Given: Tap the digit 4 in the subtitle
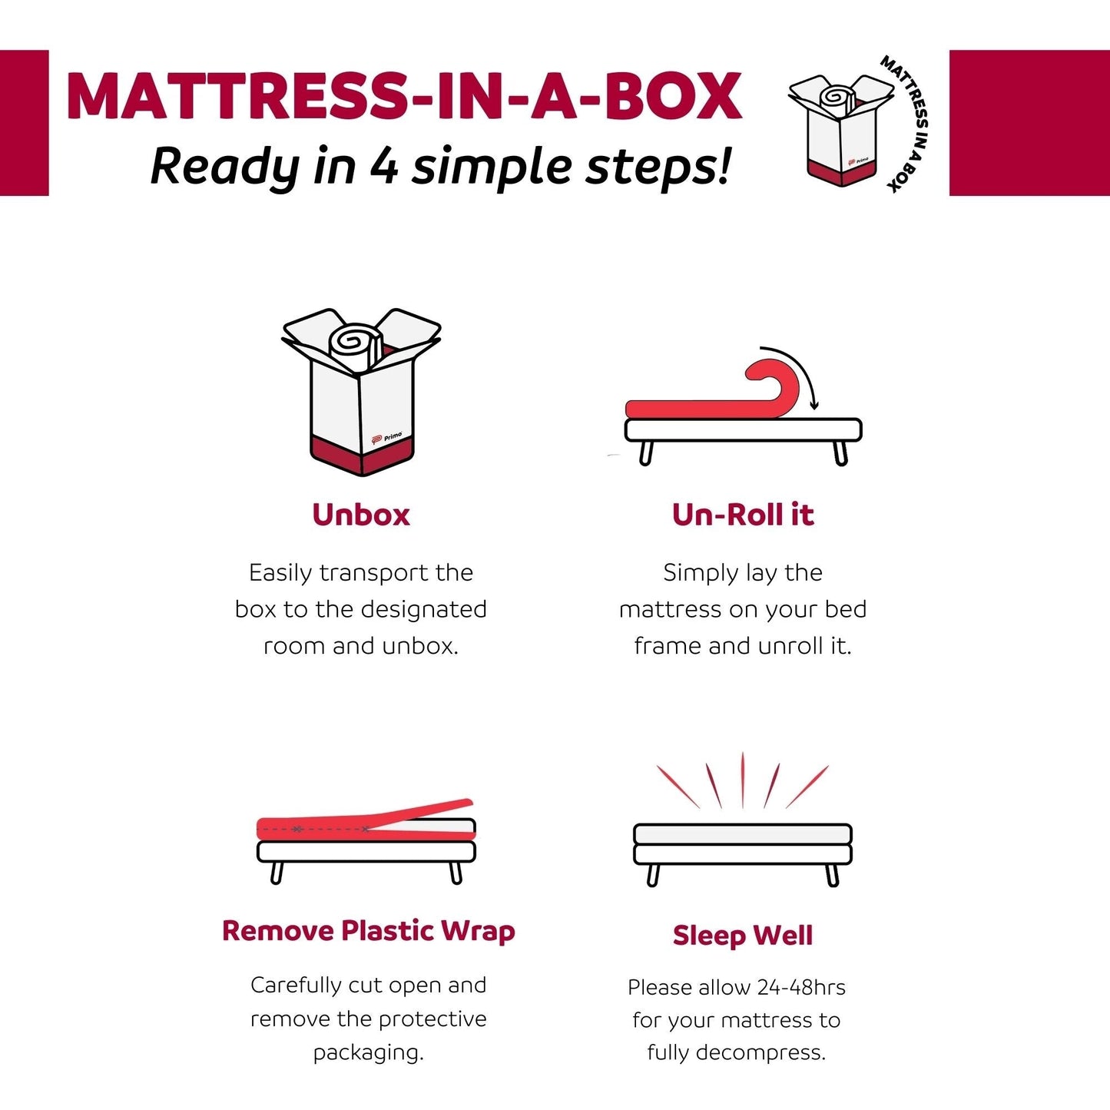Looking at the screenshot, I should [x=383, y=166].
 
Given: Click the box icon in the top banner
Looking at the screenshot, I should [x=841, y=128].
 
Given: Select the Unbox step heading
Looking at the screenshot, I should [x=361, y=515].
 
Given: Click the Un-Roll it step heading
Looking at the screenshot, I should [x=742, y=515].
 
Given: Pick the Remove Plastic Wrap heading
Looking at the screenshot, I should [x=368, y=931].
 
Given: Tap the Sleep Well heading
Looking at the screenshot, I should [x=742, y=935].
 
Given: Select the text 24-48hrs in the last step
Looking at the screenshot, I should [x=801, y=987].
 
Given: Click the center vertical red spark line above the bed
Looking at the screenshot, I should [x=743, y=780].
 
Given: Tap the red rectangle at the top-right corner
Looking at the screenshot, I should [x=1029, y=123].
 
